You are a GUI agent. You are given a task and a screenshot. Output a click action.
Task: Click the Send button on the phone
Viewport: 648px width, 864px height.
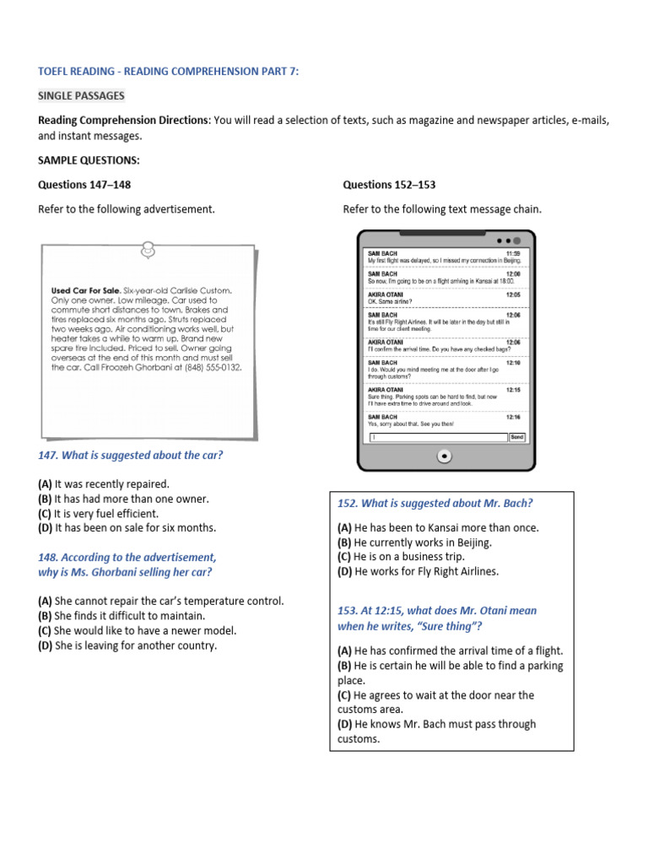click(x=517, y=437)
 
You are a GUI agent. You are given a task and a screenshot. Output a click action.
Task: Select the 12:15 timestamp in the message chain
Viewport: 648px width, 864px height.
click(x=513, y=390)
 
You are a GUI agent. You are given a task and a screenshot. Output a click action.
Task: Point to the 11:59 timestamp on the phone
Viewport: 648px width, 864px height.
click(x=513, y=253)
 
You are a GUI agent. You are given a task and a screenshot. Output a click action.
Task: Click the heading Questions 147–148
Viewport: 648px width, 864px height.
click(x=84, y=185)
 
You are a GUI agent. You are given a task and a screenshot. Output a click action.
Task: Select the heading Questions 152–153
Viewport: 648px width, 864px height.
click(x=389, y=185)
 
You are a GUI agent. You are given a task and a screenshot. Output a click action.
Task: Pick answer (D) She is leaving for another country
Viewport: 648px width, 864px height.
click(x=127, y=645)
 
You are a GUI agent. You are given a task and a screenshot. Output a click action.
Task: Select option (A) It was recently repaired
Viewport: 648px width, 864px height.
click(x=104, y=484)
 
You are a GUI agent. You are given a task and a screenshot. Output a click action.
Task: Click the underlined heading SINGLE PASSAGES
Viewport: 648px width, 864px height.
click(x=81, y=96)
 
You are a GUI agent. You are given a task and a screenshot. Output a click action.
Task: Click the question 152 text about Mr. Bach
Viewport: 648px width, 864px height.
click(x=435, y=504)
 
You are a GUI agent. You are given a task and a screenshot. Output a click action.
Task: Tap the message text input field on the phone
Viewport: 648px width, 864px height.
click(x=436, y=437)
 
